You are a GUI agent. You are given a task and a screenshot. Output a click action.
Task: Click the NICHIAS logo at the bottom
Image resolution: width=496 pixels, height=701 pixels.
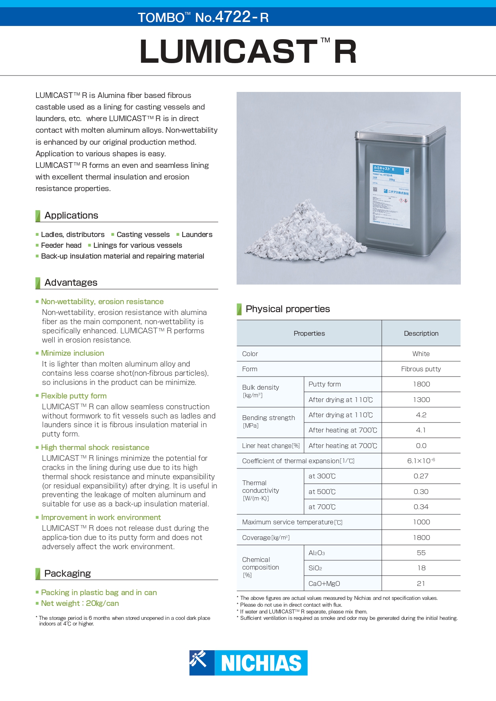point(248,663)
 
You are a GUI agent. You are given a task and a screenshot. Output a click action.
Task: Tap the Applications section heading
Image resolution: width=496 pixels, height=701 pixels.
point(71,215)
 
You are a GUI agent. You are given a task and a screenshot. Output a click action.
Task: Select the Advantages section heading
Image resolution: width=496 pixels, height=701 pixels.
point(71,283)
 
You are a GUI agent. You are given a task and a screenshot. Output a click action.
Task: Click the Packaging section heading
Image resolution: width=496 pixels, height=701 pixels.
point(68,574)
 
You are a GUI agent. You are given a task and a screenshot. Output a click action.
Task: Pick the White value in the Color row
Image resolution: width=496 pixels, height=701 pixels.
point(421,354)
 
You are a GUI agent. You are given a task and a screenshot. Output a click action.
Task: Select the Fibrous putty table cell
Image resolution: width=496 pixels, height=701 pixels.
point(421,369)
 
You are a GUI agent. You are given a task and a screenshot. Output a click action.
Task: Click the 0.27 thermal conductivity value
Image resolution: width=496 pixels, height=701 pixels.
point(421,476)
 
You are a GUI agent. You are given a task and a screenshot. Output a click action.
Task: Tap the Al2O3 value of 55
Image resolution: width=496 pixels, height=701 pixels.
point(421,553)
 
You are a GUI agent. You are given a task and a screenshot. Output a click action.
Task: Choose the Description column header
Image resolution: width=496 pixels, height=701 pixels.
point(421,333)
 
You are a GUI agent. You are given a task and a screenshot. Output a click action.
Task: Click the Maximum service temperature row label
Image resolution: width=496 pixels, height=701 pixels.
point(292,522)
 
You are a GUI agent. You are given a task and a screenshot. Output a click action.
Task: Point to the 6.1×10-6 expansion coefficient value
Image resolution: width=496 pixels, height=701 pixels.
point(421,461)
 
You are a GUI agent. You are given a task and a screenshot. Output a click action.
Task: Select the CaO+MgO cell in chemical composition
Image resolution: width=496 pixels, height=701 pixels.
point(324,584)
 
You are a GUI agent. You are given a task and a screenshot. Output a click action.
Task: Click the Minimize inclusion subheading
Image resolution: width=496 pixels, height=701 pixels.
point(72,353)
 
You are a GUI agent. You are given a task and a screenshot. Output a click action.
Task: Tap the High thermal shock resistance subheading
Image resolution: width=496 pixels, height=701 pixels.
point(95,448)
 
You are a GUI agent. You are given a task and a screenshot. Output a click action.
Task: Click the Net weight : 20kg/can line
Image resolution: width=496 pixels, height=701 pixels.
point(80,603)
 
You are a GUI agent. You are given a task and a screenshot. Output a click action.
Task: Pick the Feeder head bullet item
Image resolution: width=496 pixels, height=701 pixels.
point(61,245)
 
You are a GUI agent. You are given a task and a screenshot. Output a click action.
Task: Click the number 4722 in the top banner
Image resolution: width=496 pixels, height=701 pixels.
point(233,17)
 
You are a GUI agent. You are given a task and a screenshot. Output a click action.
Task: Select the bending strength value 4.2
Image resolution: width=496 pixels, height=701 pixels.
point(421,415)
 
